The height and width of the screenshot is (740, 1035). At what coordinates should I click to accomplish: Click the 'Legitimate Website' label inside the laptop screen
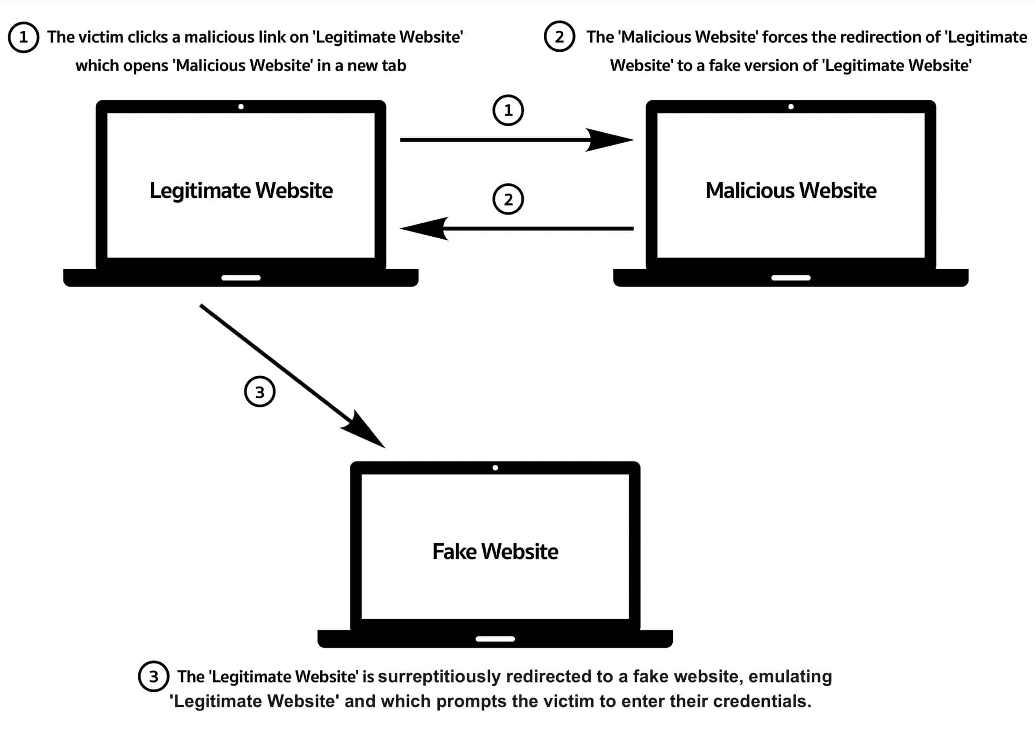(241, 191)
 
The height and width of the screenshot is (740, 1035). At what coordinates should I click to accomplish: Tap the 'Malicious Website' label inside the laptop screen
(790, 191)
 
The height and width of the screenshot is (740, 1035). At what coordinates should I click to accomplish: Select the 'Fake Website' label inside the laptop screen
(495, 551)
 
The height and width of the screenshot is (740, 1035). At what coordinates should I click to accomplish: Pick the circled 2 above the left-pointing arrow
(508, 199)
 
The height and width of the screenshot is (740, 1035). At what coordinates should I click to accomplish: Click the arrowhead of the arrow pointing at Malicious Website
(610, 140)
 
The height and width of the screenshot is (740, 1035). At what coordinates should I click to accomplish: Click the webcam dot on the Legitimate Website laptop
(241, 107)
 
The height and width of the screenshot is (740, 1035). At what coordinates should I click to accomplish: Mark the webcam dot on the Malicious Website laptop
(791, 107)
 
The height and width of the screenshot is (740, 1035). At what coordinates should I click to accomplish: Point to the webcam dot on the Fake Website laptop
(495, 468)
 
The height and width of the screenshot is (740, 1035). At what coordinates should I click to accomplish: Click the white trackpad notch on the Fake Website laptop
(495, 639)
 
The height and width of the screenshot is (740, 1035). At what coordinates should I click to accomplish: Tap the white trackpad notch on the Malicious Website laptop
(791, 278)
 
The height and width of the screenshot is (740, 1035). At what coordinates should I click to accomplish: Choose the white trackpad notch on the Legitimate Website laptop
(241, 278)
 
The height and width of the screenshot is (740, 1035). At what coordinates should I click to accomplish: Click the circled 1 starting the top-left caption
(23, 37)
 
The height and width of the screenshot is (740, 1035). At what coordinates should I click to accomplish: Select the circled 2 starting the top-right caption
(559, 36)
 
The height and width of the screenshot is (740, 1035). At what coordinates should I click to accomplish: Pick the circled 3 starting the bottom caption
(154, 676)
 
